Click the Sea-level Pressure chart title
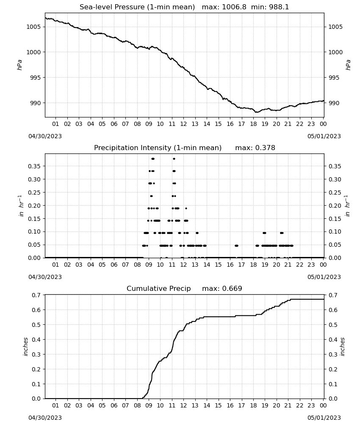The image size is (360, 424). [x=137, y=7]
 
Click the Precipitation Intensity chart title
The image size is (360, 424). [x=158, y=148]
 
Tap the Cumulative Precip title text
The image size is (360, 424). [x=158, y=288]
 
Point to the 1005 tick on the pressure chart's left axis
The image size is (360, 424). [x=33, y=27]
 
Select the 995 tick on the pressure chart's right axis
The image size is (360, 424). [x=335, y=78]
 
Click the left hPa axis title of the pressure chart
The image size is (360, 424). [x=19, y=65]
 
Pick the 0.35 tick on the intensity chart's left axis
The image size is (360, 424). [x=34, y=166]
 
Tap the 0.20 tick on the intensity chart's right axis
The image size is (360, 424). [x=335, y=206]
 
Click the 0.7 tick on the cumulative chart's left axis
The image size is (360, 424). [x=36, y=295]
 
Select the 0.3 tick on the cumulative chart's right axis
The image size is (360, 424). [x=333, y=354]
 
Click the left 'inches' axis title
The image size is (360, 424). [x=26, y=347]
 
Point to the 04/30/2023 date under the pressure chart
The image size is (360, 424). [x=45, y=136]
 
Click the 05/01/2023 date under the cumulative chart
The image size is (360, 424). [x=324, y=418]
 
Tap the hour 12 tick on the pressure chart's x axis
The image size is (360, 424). [x=183, y=124]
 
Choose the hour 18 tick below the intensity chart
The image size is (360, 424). [x=253, y=265]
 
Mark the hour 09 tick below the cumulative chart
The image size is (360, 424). [x=149, y=405]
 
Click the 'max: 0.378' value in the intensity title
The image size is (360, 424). [x=255, y=148]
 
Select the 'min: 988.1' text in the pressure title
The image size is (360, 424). [x=270, y=7]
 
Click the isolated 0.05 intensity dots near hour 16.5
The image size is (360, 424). [x=237, y=245]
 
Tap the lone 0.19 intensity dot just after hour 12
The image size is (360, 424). [x=186, y=209]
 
